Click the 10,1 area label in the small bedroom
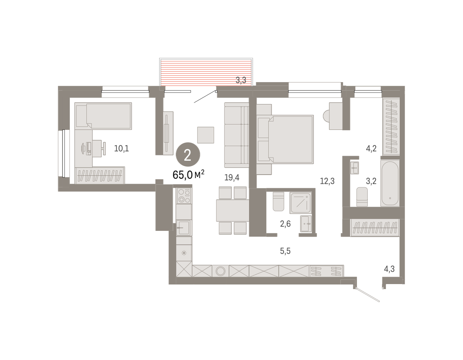(x=122, y=148)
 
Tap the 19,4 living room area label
(x=231, y=177)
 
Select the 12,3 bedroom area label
(x=327, y=181)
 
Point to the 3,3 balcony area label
(x=241, y=80)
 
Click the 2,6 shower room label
(x=285, y=224)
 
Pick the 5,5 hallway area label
(x=285, y=251)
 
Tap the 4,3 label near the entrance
(x=389, y=269)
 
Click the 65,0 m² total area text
(x=188, y=175)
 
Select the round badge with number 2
(x=188, y=155)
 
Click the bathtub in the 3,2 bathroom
(x=390, y=183)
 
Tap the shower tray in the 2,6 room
(x=301, y=203)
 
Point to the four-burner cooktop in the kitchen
(x=184, y=196)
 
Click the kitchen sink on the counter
(x=184, y=228)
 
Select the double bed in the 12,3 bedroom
(x=285, y=140)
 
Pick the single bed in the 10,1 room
(x=103, y=116)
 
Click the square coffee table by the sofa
(x=206, y=135)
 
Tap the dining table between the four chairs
(x=232, y=210)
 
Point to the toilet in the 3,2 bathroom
(x=362, y=197)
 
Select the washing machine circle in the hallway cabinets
(x=221, y=271)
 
